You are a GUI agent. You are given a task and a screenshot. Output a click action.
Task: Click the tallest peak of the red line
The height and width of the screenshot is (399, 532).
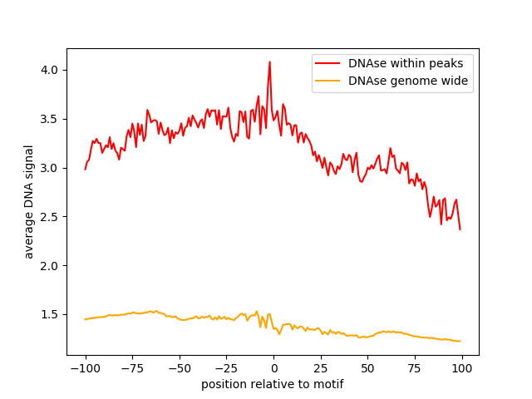[x=269, y=62]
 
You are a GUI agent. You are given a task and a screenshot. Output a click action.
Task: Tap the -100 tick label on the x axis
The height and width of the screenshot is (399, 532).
[x=85, y=369]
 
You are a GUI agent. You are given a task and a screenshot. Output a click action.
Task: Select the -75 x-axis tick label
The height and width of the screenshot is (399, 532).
[x=132, y=369]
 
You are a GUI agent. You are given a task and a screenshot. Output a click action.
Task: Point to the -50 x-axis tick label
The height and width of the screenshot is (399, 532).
[x=179, y=369]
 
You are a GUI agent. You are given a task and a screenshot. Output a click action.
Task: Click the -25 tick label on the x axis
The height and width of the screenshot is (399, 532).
[x=226, y=369]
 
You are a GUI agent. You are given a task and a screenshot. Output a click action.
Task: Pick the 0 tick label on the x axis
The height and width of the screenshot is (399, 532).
[x=273, y=369]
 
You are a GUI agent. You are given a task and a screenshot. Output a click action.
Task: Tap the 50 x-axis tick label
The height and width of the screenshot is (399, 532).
[x=368, y=369]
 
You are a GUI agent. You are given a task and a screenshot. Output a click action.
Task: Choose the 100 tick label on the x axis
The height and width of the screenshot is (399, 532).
[x=462, y=369]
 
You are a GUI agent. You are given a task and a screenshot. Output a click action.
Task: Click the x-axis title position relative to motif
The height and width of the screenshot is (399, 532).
[x=273, y=385]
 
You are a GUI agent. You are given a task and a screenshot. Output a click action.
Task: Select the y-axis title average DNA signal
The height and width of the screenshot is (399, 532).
[x=29, y=202]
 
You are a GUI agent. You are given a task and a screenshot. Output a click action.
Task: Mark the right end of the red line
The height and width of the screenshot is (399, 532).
[x=460, y=229]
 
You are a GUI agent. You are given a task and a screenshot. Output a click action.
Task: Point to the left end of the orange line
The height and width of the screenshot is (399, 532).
[x=85, y=319]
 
